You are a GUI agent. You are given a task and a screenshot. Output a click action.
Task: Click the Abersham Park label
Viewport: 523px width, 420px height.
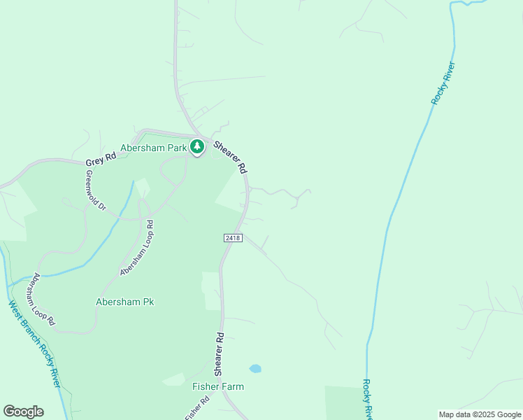point(153,148)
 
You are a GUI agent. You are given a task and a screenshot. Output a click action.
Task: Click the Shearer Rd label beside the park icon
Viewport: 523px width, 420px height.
point(230,157)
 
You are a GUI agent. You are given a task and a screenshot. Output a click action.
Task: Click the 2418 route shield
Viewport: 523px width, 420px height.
point(234,238)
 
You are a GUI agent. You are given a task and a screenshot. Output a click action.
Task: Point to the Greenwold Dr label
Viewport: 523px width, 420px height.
point(92,197)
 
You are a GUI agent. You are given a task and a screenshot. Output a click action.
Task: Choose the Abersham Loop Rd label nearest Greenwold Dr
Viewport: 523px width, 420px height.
point(136,248)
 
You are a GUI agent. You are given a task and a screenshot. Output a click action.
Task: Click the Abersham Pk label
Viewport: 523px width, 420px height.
point(124,302)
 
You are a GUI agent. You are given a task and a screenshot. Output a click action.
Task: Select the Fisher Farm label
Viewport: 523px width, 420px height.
point(218,386)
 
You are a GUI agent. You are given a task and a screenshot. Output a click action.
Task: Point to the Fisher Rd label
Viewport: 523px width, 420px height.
point(197,409)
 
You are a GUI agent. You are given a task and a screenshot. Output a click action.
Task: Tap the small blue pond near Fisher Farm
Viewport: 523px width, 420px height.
point(255,368)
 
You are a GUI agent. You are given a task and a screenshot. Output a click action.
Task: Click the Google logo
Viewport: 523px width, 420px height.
point(24,412)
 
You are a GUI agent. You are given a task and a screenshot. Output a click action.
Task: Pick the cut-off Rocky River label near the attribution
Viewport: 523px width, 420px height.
point(367,399)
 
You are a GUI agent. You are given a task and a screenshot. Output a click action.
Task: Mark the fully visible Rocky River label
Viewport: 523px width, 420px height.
point(443,84)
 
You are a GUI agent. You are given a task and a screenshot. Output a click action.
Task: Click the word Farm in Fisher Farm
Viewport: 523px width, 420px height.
point(232,386)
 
